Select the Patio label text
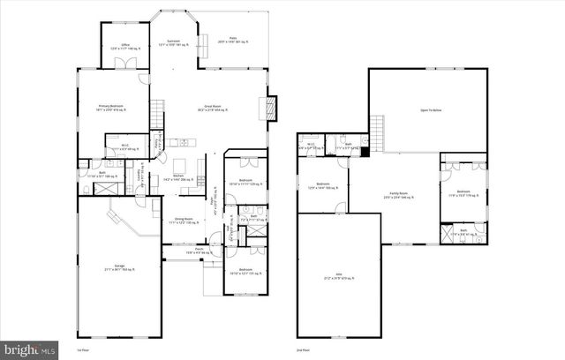(232, 40)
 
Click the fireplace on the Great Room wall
(272, 109)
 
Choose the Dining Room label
(183, 221)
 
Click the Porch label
(186, 251)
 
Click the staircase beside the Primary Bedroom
(156, 113)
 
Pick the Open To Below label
(430, 110)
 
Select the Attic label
(337, 276)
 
